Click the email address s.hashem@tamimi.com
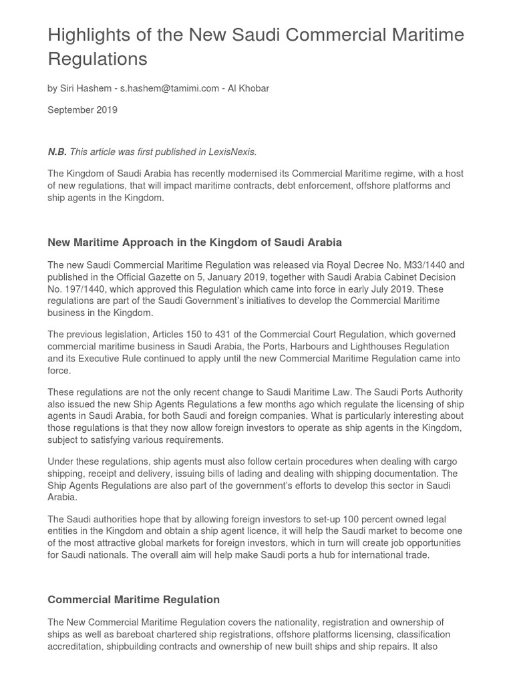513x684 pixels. (170, 88)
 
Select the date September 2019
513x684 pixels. (82, 110)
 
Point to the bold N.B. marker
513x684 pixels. (57, 152)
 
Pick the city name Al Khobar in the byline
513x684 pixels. (248, 88)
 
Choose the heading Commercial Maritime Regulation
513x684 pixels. (134, 599)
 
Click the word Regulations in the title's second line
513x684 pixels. (98, 59)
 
